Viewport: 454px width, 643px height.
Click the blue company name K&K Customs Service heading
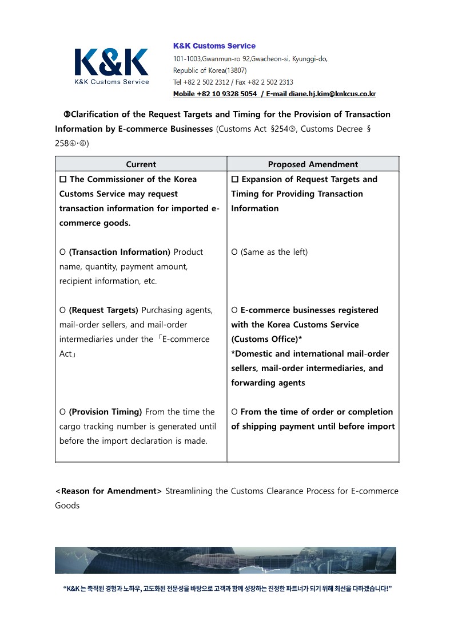pos(214,46)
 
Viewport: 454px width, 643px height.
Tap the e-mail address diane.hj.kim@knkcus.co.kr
pos(332,94)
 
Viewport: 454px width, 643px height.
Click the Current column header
pos(141,164)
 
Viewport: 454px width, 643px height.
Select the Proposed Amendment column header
pos(313,164)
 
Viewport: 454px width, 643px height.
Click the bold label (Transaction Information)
pos(120,252)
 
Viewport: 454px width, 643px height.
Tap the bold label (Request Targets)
pos(103,310)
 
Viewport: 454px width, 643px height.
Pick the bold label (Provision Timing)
pos(105,412)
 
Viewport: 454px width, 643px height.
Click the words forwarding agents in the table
pos(268,383)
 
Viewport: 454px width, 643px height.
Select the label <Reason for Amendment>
pos(109,491)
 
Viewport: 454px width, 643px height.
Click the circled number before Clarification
pos(66,115)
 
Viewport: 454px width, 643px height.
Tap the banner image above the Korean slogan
pos(225,560)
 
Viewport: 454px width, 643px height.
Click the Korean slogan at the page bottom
pos(227,589)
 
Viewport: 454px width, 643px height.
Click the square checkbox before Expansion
pos(235,180)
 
